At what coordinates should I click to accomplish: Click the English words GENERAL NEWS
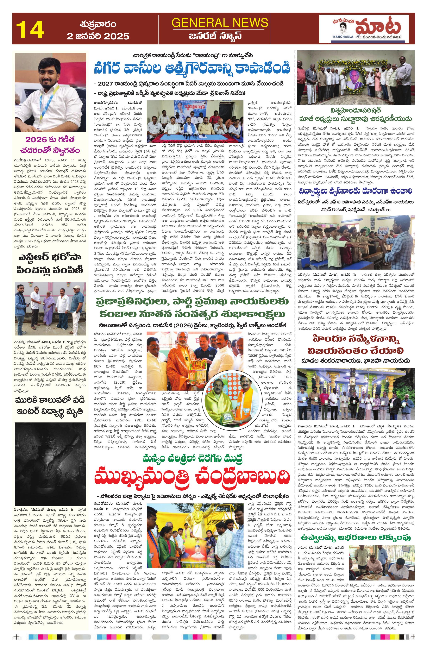[220, 23]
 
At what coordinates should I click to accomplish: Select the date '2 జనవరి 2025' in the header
[98, 36]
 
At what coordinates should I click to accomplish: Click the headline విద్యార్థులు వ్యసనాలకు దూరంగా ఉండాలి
[356, 191]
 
